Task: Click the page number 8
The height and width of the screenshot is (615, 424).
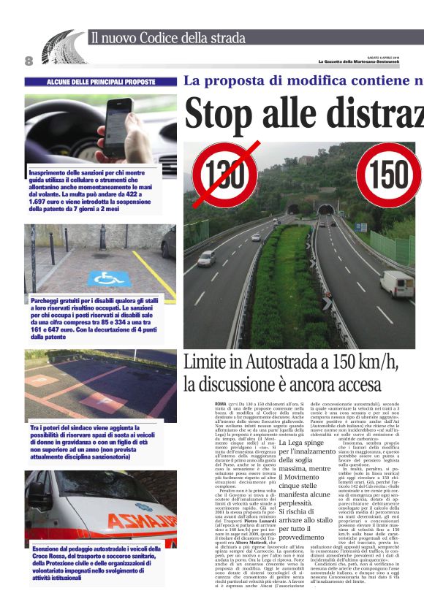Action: coord(29,60)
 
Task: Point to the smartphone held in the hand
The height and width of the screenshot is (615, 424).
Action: coord(118,127)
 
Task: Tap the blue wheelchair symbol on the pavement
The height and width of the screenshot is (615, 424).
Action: coord(109,278)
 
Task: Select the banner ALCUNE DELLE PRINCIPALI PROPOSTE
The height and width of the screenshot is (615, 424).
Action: coord(101,82)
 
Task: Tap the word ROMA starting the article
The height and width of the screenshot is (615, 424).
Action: coord(221,403)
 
